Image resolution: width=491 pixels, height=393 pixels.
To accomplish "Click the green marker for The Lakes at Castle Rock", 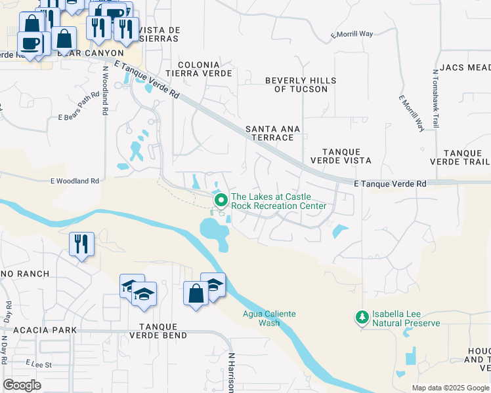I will [221, 200].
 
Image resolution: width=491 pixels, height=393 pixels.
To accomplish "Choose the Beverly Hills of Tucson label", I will [301, 84].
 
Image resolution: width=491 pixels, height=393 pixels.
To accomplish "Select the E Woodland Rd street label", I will [74, 181].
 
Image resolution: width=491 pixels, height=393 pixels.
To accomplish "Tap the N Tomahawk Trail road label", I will [435, 98].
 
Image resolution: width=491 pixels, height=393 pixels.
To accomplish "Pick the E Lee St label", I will [39, 362].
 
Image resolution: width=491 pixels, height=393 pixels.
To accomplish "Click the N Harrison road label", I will [231, 373].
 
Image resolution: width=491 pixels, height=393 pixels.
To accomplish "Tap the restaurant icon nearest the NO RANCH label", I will [82, 244].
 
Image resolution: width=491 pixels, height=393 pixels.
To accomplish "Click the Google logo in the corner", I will [22, 385].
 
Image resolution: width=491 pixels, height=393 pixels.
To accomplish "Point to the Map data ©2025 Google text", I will [450, 388].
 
